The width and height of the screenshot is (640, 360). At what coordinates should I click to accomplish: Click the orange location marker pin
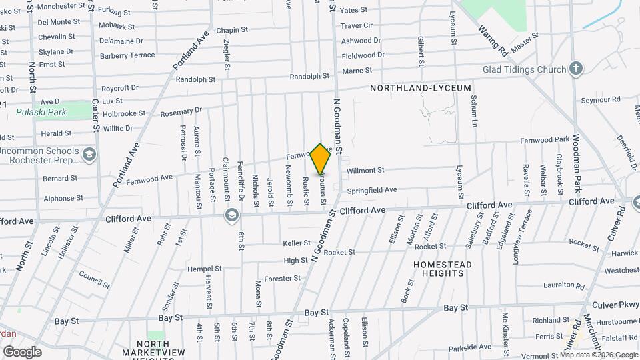point(321,159)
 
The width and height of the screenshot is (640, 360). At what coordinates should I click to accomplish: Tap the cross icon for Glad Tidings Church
point(576,69)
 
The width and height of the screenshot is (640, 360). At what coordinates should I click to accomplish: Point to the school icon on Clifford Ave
point(231,215)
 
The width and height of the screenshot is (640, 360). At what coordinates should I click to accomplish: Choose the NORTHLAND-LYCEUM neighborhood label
point(421,88)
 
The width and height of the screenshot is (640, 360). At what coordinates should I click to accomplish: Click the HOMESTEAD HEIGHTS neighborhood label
point(443,269)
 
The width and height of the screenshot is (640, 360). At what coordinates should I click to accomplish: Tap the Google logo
point(22,351)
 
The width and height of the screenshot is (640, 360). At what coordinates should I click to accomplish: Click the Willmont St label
point(365,171)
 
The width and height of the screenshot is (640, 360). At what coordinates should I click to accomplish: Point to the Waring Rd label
point(493,41)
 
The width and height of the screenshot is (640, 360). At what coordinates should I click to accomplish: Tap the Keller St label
point(297,243)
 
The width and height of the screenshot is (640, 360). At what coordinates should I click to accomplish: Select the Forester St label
point(279,278)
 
